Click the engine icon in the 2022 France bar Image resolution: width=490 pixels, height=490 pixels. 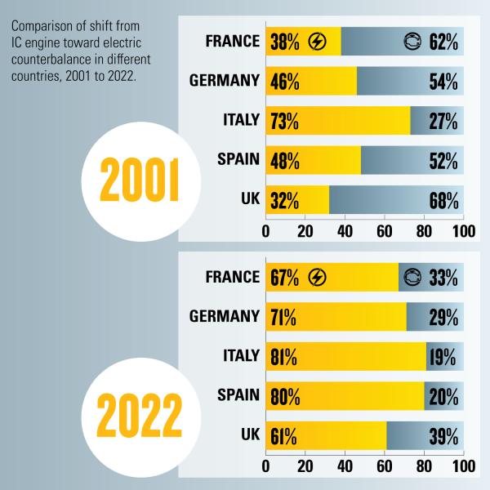click(x=414, y=278)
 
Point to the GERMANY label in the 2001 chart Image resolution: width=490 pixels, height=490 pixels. click(x=224, y=81)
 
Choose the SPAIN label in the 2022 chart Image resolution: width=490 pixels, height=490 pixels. click(x=238, y=397)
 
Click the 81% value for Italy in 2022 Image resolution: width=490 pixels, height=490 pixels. click(x=283, y=357)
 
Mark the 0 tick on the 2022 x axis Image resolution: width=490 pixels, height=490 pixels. click(x=266, y=467)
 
